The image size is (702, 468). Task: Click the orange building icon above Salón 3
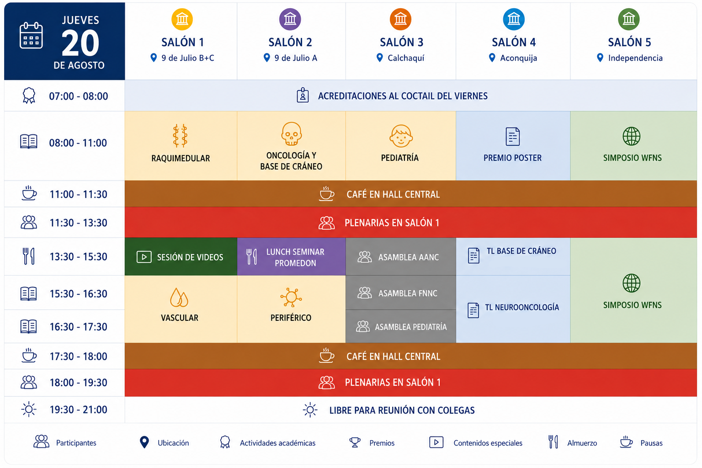(x=400, y=19)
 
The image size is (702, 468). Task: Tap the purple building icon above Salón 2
(x=290, y=19)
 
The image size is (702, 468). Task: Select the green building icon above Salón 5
(x=629, y=19)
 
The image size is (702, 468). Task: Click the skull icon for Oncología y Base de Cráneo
(x=291, y=134)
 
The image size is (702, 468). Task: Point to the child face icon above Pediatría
(x=401, y=136)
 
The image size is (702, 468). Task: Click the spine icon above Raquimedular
(x=180, y=136)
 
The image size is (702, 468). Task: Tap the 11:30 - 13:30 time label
(x=78, y=223)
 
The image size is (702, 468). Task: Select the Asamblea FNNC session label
(x=408, y=293)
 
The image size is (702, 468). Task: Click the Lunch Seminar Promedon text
(x=295, y=257)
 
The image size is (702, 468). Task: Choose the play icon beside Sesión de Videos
(x=144, y=257)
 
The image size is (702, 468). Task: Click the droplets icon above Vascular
(x=179, y=297)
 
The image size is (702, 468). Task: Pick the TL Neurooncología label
(x=522, y=307)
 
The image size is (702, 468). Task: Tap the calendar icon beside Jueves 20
(x=31, y=36)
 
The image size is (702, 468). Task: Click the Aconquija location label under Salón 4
(x=518, y=58)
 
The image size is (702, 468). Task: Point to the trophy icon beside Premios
(x=355, y=442)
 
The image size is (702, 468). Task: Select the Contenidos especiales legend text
(x=488, y=443)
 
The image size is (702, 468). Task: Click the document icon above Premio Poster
(x=513, y=136)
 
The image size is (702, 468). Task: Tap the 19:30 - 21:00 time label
(x=78, y=409)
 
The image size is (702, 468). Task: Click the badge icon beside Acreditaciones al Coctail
(x=303, y=95)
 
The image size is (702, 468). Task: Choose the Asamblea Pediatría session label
(x=411, y=327)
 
